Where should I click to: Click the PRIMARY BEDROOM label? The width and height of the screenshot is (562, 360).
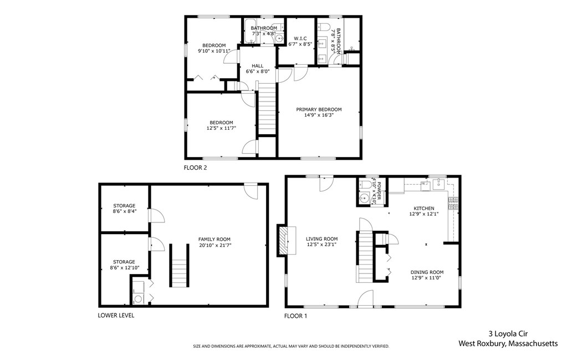point(318,110)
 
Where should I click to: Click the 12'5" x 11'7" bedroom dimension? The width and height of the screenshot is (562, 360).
point(221,128)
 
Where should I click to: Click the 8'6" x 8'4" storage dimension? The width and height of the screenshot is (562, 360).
point(124,211)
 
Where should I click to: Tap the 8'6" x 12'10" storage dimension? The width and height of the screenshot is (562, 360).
point(124,268)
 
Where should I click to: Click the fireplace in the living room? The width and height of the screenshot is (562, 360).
point(283,240)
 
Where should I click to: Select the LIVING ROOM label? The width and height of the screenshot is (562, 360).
point(321,239)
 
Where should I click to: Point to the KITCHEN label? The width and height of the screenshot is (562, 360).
point(424,208)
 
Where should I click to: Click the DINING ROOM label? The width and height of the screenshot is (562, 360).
point(427,272)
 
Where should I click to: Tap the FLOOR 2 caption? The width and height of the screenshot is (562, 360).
point(196,166)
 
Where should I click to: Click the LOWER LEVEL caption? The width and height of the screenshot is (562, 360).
point(116,315)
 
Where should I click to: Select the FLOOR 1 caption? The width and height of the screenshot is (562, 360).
point(295,316)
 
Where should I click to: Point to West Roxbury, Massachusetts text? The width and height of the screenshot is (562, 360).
point(508,344)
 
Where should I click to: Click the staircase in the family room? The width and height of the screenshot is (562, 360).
point(178,266)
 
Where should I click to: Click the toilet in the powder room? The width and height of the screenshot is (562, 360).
point(365,185)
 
